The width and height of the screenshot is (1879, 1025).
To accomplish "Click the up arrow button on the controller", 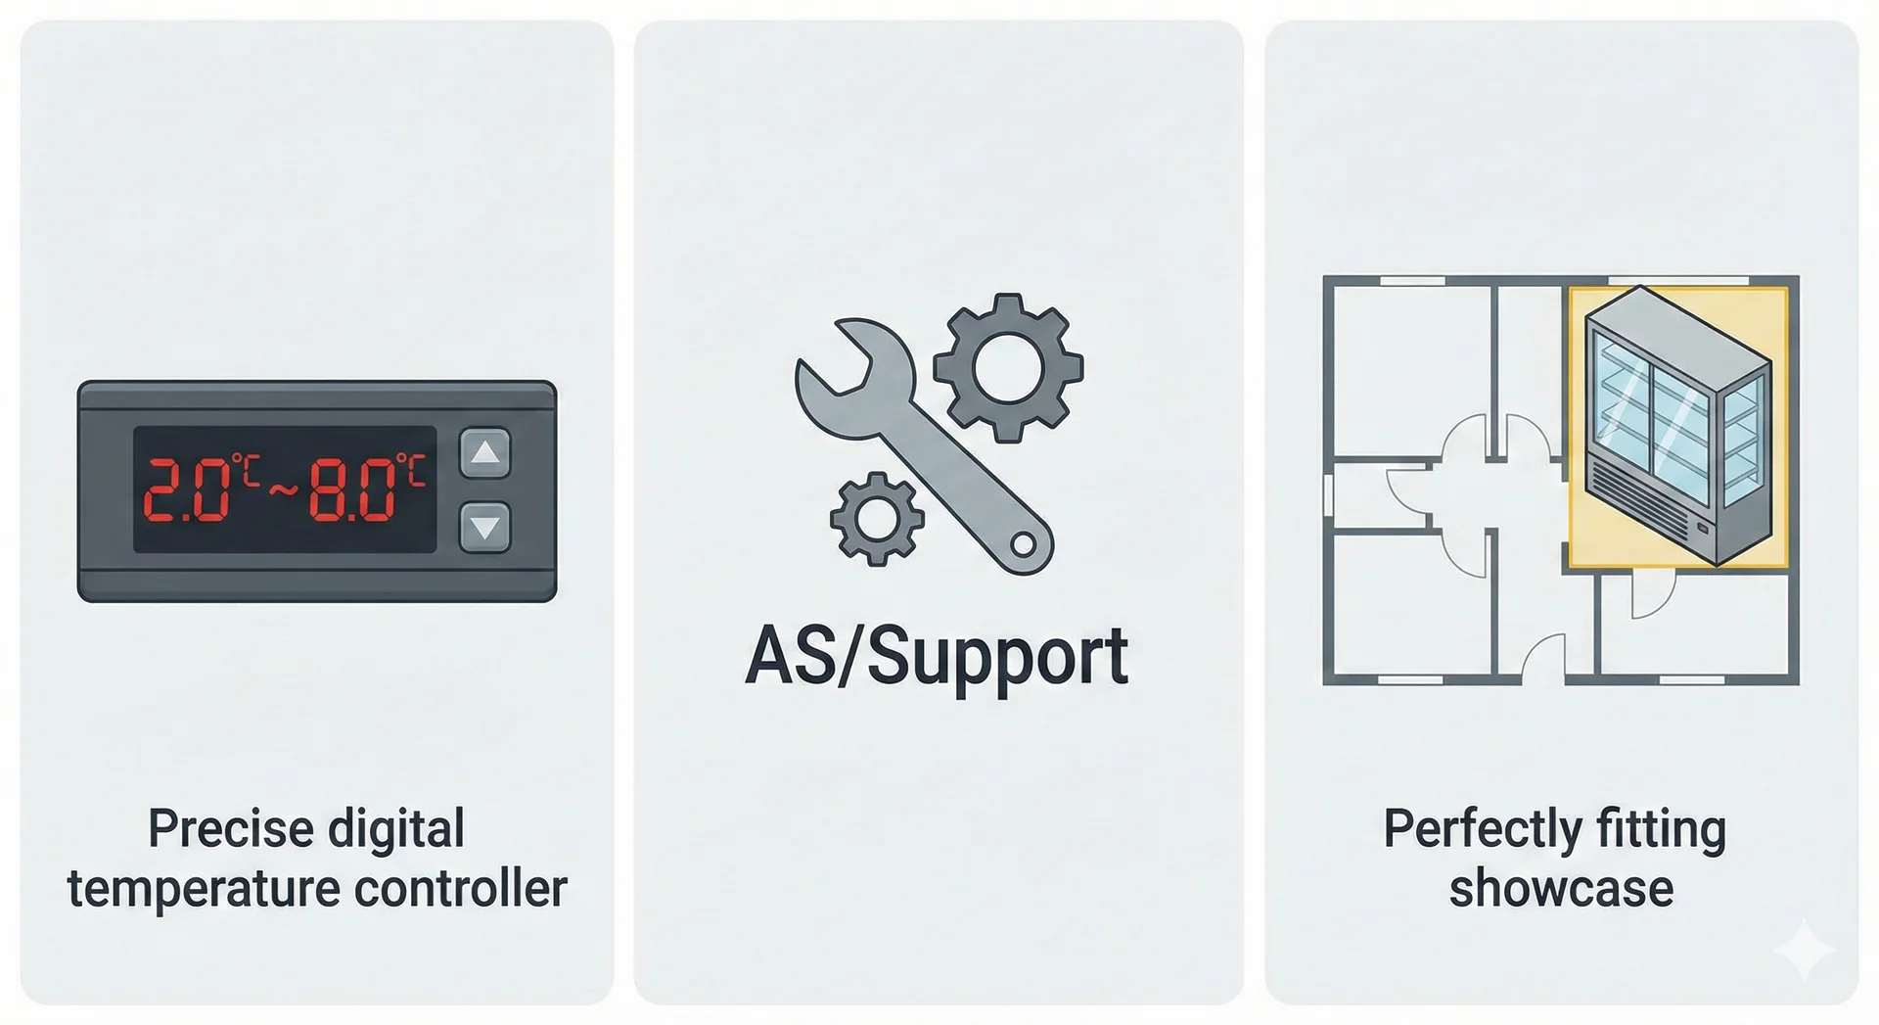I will pyautogui.click(x=485, y=453).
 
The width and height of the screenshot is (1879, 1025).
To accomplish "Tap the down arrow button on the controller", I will pyautogui.click(x=485, y=528).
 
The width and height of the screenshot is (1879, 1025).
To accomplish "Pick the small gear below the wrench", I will pyautogui.click(x=876, y=519).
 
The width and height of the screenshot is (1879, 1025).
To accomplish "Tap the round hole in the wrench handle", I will pyautogui.click(x=1023, y=543).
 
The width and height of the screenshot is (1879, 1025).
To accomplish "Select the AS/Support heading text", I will pyautogui.click(x=937, y=657).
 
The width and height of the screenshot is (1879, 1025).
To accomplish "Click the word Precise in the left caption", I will pyautogui.click(x=231, y=829).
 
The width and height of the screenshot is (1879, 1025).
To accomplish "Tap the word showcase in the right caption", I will pyautogui.click(x=1561, y=889).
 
